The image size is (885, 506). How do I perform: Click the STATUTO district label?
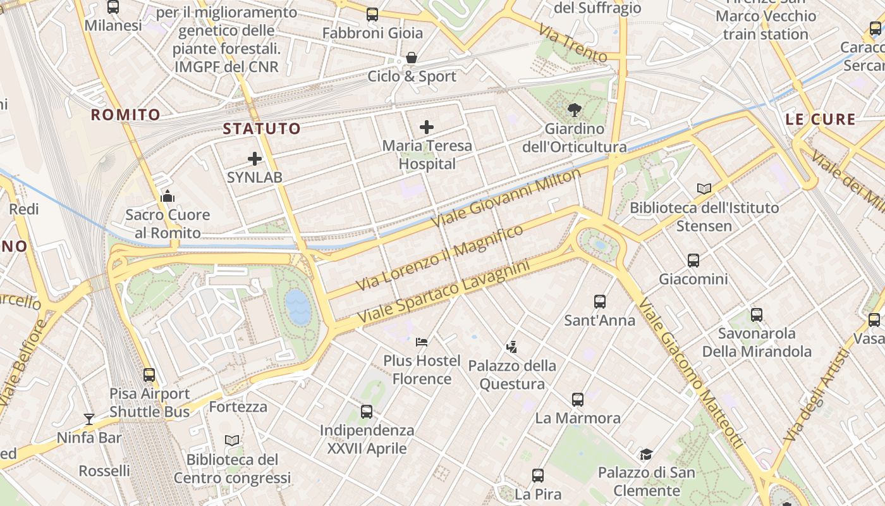coord(262,129)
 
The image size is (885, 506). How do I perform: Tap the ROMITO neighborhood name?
coord(125,114)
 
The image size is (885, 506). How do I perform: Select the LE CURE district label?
coord(821,119)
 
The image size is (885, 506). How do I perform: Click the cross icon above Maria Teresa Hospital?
coord(427,127)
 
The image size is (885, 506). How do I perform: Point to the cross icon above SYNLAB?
coord(255,159)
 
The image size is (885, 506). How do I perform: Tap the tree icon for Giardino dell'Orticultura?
coord(574,110)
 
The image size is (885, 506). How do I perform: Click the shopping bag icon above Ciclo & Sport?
coord(412,58)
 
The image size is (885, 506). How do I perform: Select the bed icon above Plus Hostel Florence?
coord(422,342)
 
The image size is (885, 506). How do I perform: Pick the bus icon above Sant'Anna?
coord(599,302)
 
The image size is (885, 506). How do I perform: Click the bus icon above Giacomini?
coord(693,260)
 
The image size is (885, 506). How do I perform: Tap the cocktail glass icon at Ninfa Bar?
coord(88,419)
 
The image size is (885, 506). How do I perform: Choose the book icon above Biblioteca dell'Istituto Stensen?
coord(704,188)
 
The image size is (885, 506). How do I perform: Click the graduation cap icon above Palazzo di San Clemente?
coord(646,454)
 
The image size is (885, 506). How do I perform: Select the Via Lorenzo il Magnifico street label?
coord(439,258)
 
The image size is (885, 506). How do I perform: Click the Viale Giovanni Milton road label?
coord(506,199)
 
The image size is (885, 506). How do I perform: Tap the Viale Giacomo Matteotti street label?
coord(690,373)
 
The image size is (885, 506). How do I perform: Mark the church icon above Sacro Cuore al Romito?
coord(168,196)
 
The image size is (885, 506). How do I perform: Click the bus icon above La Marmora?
coord(577,399)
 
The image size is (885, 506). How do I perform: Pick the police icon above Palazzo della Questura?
coord(511,347)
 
